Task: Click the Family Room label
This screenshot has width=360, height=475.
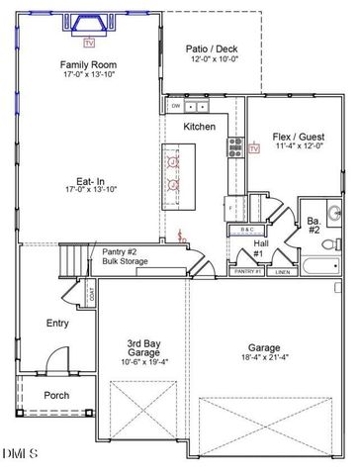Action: pyautogui.click(x=82, y=65)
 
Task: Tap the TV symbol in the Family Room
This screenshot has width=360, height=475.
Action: pyautogui.click(x=89, y=43)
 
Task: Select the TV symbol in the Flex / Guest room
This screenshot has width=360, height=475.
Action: pyautogui.click(x=254, y=148)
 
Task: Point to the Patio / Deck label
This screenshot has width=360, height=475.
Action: pyautogui.click(x=212, y=47)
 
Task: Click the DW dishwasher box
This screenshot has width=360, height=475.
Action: pyautogui.click(x=175, y=105)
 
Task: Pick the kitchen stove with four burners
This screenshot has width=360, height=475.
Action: pyautogui.click(x=237, y=147)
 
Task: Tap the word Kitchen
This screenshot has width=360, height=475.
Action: pyautogui.click(x=199, y=127)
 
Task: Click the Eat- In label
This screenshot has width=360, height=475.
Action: pyautogui.click(x=83, y=181)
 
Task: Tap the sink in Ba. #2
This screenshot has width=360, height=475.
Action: pyautogui.click(x=333, y=210)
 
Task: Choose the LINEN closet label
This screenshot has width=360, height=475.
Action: pyautogui.click(x=282, y=270)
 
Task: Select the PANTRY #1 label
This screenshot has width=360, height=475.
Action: pyautogui.click(x=243, y=270)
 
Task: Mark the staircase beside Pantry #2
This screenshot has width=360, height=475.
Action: pyautogui.click(x=72, y=260)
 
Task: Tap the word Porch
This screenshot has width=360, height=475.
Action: pyautogui.click(x=56, y=396)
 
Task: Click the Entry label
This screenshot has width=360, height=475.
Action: pyautogui.click(x=57, y=324)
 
